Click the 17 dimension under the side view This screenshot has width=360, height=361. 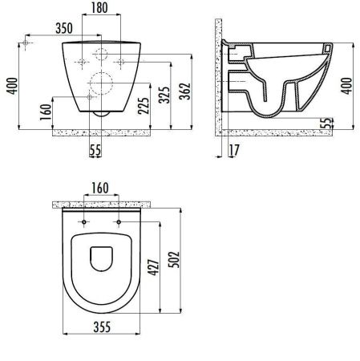(x=233, y=149)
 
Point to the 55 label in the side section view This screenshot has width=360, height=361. (x=326, y=123)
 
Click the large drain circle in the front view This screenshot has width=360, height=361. (x=102, y=83)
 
